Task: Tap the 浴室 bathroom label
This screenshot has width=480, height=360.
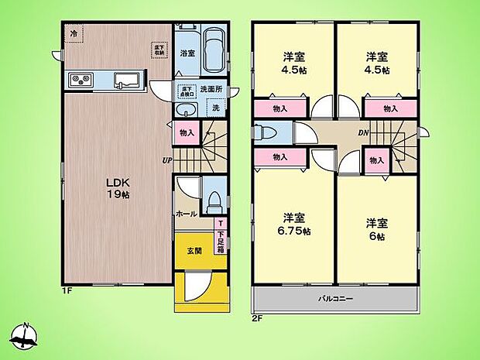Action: point(187,54)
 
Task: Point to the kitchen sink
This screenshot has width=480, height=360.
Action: point(126,79)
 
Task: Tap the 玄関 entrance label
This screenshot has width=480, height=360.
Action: point(194,250)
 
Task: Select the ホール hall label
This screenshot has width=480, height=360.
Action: point(185,214)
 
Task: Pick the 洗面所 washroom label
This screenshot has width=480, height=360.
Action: point(211,89)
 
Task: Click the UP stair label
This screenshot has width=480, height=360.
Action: point(166,160)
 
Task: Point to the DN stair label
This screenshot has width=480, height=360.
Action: point(362,132)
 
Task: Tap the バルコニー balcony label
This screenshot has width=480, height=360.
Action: point(334,298)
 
